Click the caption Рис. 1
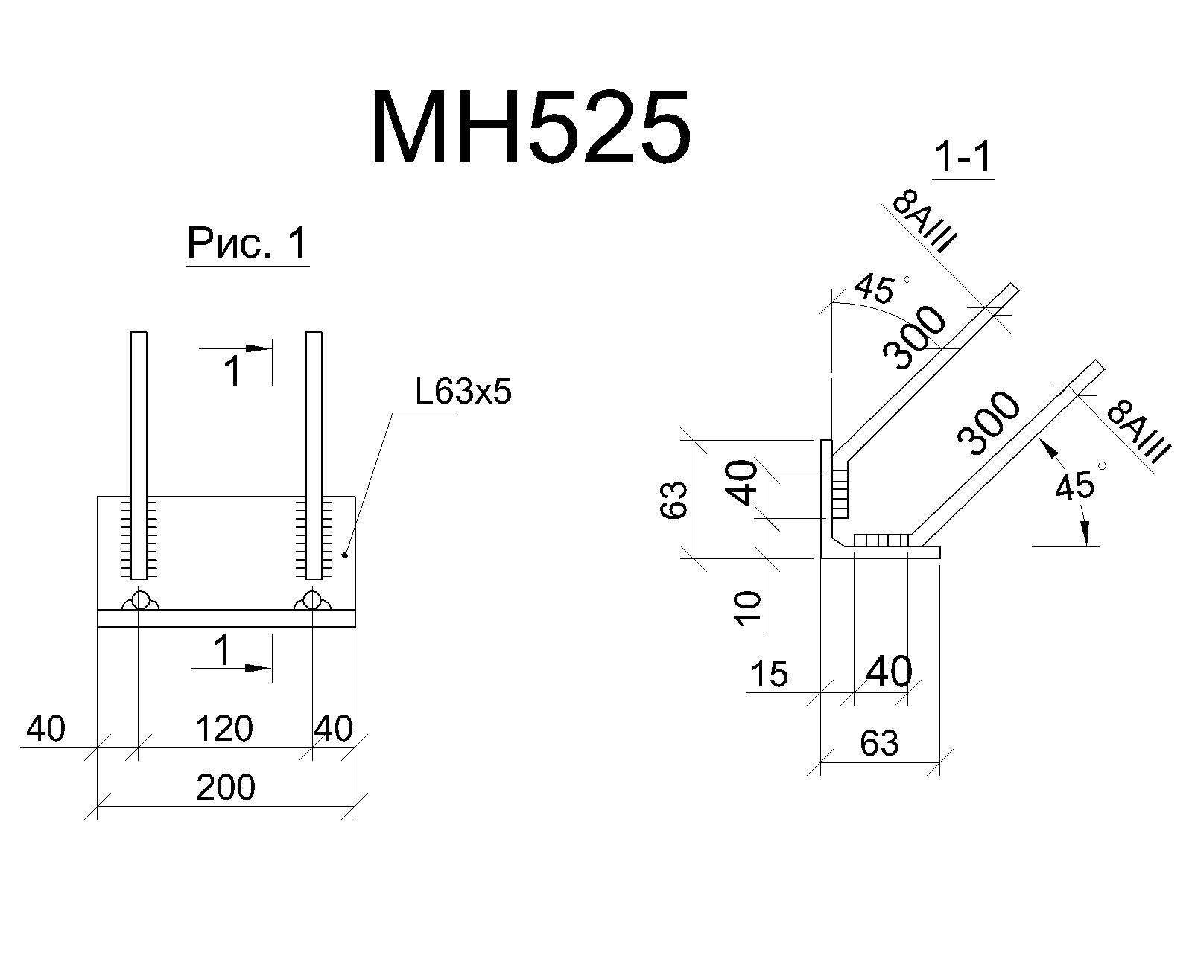pyautogui.click(x=247, y=243)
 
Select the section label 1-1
pyautogui.click(x=964, y=158)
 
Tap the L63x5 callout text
pyautogui.click(x=463, y=393)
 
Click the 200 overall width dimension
pyautogui.click(x=226, y=788)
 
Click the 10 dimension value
pyautogui.click(x=748, y=608)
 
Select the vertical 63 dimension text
pyautogui.click(x=673, y=500)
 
